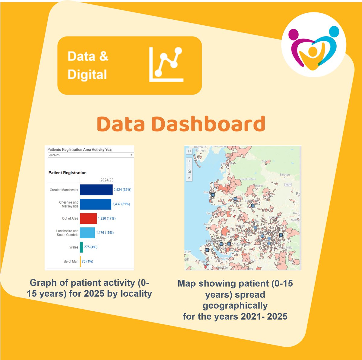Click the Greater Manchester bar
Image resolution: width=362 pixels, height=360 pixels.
tap(96, 190)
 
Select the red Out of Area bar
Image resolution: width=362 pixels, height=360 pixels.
tap(88, 219)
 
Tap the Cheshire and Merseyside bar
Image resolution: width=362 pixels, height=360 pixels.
tap(95, 204)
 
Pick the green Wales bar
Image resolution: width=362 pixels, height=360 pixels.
tap(81, 247)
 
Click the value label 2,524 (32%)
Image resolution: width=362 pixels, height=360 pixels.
tap(122, 190)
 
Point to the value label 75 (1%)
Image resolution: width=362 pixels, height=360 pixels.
tap(87, 262)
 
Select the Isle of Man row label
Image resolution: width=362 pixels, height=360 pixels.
tap(70, 262)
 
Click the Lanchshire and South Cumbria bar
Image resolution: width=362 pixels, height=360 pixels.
tap(87, 233)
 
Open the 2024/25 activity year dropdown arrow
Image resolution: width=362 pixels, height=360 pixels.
tap(132, 155)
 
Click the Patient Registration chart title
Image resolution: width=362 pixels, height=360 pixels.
tap(67, 173)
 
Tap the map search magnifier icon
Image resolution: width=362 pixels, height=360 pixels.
tap(189, 151)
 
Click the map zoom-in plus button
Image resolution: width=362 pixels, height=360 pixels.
tap(189, 161)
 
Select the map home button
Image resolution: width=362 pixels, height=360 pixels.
tap(189, 171)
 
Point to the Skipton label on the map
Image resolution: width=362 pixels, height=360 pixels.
tap(284, 175)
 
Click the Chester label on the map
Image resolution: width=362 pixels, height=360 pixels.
tap(221, 267)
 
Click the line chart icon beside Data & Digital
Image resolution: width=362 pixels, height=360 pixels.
tap(166, 64)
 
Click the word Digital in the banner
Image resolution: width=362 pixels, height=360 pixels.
tap(87, 75)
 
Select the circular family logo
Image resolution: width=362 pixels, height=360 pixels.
tap(314, 45)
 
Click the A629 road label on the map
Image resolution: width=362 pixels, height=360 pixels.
tap(288, 185)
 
